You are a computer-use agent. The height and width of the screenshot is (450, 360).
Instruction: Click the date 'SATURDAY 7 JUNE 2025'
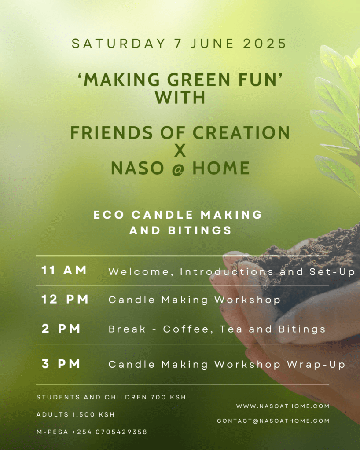(179, 44)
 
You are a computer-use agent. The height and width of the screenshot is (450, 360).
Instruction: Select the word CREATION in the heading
(241, 132)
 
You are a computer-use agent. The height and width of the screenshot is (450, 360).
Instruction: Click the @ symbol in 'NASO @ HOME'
(178, 169)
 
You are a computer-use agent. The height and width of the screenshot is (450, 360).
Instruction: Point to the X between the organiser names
(180, 150)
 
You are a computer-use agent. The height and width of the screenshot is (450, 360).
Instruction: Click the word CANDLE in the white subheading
(162, 215)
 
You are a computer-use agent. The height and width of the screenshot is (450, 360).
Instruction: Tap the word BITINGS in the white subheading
(200, 230)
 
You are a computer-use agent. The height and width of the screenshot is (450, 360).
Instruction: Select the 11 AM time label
(64, 270)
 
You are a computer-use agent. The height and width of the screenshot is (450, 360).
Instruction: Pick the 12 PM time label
(65, 299)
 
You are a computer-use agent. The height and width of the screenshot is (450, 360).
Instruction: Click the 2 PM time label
(61, 329)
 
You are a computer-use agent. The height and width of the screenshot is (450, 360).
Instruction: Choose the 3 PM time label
(61, 364)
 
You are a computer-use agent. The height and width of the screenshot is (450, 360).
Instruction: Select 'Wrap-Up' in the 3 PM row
(316, 365)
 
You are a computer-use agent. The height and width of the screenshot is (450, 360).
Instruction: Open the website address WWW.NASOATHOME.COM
(283, 406)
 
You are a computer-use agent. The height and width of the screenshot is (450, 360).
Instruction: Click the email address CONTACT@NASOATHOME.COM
(273, 421)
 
